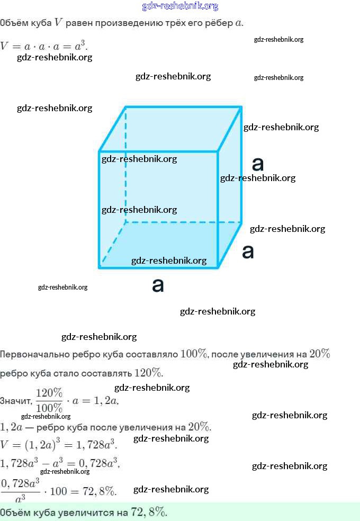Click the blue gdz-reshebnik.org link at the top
(180, 6)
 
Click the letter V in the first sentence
(58, 23)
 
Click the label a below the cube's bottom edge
(158, 285)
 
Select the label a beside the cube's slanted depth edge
(248, 251)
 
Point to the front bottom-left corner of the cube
(100, 267)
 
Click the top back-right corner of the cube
(241, 107)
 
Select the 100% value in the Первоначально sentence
(194, 354)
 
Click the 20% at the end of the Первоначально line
(319, 354)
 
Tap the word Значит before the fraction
(15, 401)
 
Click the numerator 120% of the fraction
(49, 393)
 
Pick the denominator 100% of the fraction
(49, 408)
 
